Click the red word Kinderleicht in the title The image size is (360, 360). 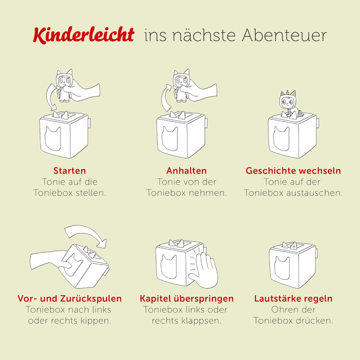click(x=83, y=35)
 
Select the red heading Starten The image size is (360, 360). click(x=69, y=170)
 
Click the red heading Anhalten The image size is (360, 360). click(x=186, y=170)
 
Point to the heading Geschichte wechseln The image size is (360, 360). click(x=293, y=170)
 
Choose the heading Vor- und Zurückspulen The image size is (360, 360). click(x=69, y=298)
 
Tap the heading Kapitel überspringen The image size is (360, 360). click(x=186, y=298)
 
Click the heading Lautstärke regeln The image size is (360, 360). click(x=293, y=298)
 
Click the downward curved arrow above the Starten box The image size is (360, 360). click(x=48, y=97)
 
